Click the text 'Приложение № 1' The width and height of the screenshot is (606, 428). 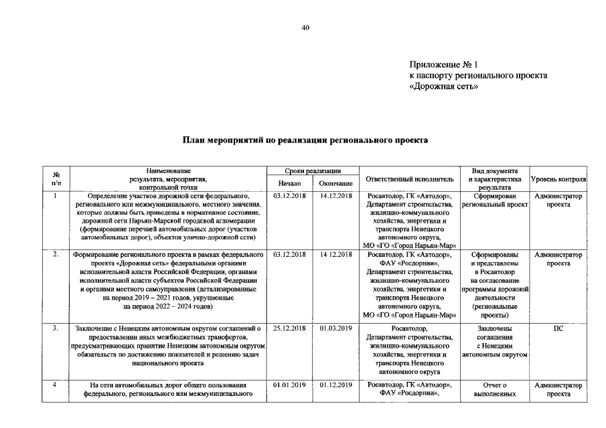(444, 65)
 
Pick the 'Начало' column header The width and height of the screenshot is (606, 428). (290, 183)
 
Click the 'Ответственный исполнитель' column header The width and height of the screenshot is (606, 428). (409, 180)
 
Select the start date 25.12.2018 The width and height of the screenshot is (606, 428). (290, 328)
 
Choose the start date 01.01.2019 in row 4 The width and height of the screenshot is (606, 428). (290, 385)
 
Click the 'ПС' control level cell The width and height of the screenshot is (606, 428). (558, 328)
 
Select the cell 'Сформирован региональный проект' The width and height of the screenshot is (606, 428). (495, 200)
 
